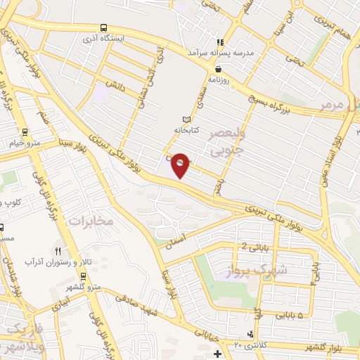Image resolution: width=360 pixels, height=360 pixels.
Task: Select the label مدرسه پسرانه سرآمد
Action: [221, 53]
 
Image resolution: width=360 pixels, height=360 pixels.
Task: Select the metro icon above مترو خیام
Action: [25, 131]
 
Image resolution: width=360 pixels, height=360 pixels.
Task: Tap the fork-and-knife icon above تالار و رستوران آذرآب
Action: [58, 251]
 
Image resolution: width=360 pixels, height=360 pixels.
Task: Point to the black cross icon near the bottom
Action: [217, 353]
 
